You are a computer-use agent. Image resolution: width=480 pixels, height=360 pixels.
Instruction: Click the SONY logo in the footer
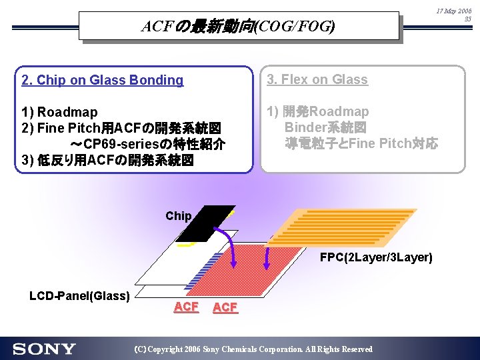pos(44,349)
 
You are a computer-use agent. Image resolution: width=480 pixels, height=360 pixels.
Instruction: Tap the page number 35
pos(467,19)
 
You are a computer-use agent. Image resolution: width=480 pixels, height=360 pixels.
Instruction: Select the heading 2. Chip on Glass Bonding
pos(102,80)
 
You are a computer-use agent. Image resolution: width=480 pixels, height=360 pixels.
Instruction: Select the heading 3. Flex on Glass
pos(317,79)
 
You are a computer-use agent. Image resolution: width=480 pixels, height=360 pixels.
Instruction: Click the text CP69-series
pos(125,144)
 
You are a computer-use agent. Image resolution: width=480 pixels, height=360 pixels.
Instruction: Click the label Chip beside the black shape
pos(179,216)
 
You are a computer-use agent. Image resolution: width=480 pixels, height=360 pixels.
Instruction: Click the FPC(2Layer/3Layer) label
pos(376,257)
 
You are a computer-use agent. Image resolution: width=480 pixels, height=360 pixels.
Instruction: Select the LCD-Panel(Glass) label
pos(79,295)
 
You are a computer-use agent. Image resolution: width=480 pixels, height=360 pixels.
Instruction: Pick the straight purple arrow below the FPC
pos(267,257)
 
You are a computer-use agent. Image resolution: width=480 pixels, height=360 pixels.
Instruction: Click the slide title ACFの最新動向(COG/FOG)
pos(238,27)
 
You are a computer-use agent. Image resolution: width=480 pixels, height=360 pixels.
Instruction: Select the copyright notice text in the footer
pos(253,349)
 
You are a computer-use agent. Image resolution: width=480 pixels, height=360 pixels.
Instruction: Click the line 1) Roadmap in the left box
pos(59,112)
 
